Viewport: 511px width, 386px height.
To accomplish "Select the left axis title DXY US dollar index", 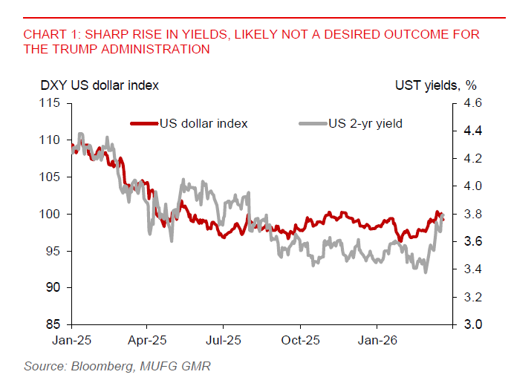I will pos(100,86).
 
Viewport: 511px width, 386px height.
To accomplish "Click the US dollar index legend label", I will pos(203,123).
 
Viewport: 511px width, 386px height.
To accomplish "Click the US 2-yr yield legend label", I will pos(365,123).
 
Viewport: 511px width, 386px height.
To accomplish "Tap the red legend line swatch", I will pos(144,123).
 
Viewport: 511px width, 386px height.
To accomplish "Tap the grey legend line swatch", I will pos(313,123).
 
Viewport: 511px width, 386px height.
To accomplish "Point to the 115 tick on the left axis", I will pos(51,103).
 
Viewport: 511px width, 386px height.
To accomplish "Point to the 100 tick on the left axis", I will pos(51,214).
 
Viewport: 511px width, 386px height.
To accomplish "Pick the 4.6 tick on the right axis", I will pos(473,103).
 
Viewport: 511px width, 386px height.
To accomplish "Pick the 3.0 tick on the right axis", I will pos(473,325).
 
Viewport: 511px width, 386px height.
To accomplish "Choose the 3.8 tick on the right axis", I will pos(473,214).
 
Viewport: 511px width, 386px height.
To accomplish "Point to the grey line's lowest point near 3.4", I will pos(425,272).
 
